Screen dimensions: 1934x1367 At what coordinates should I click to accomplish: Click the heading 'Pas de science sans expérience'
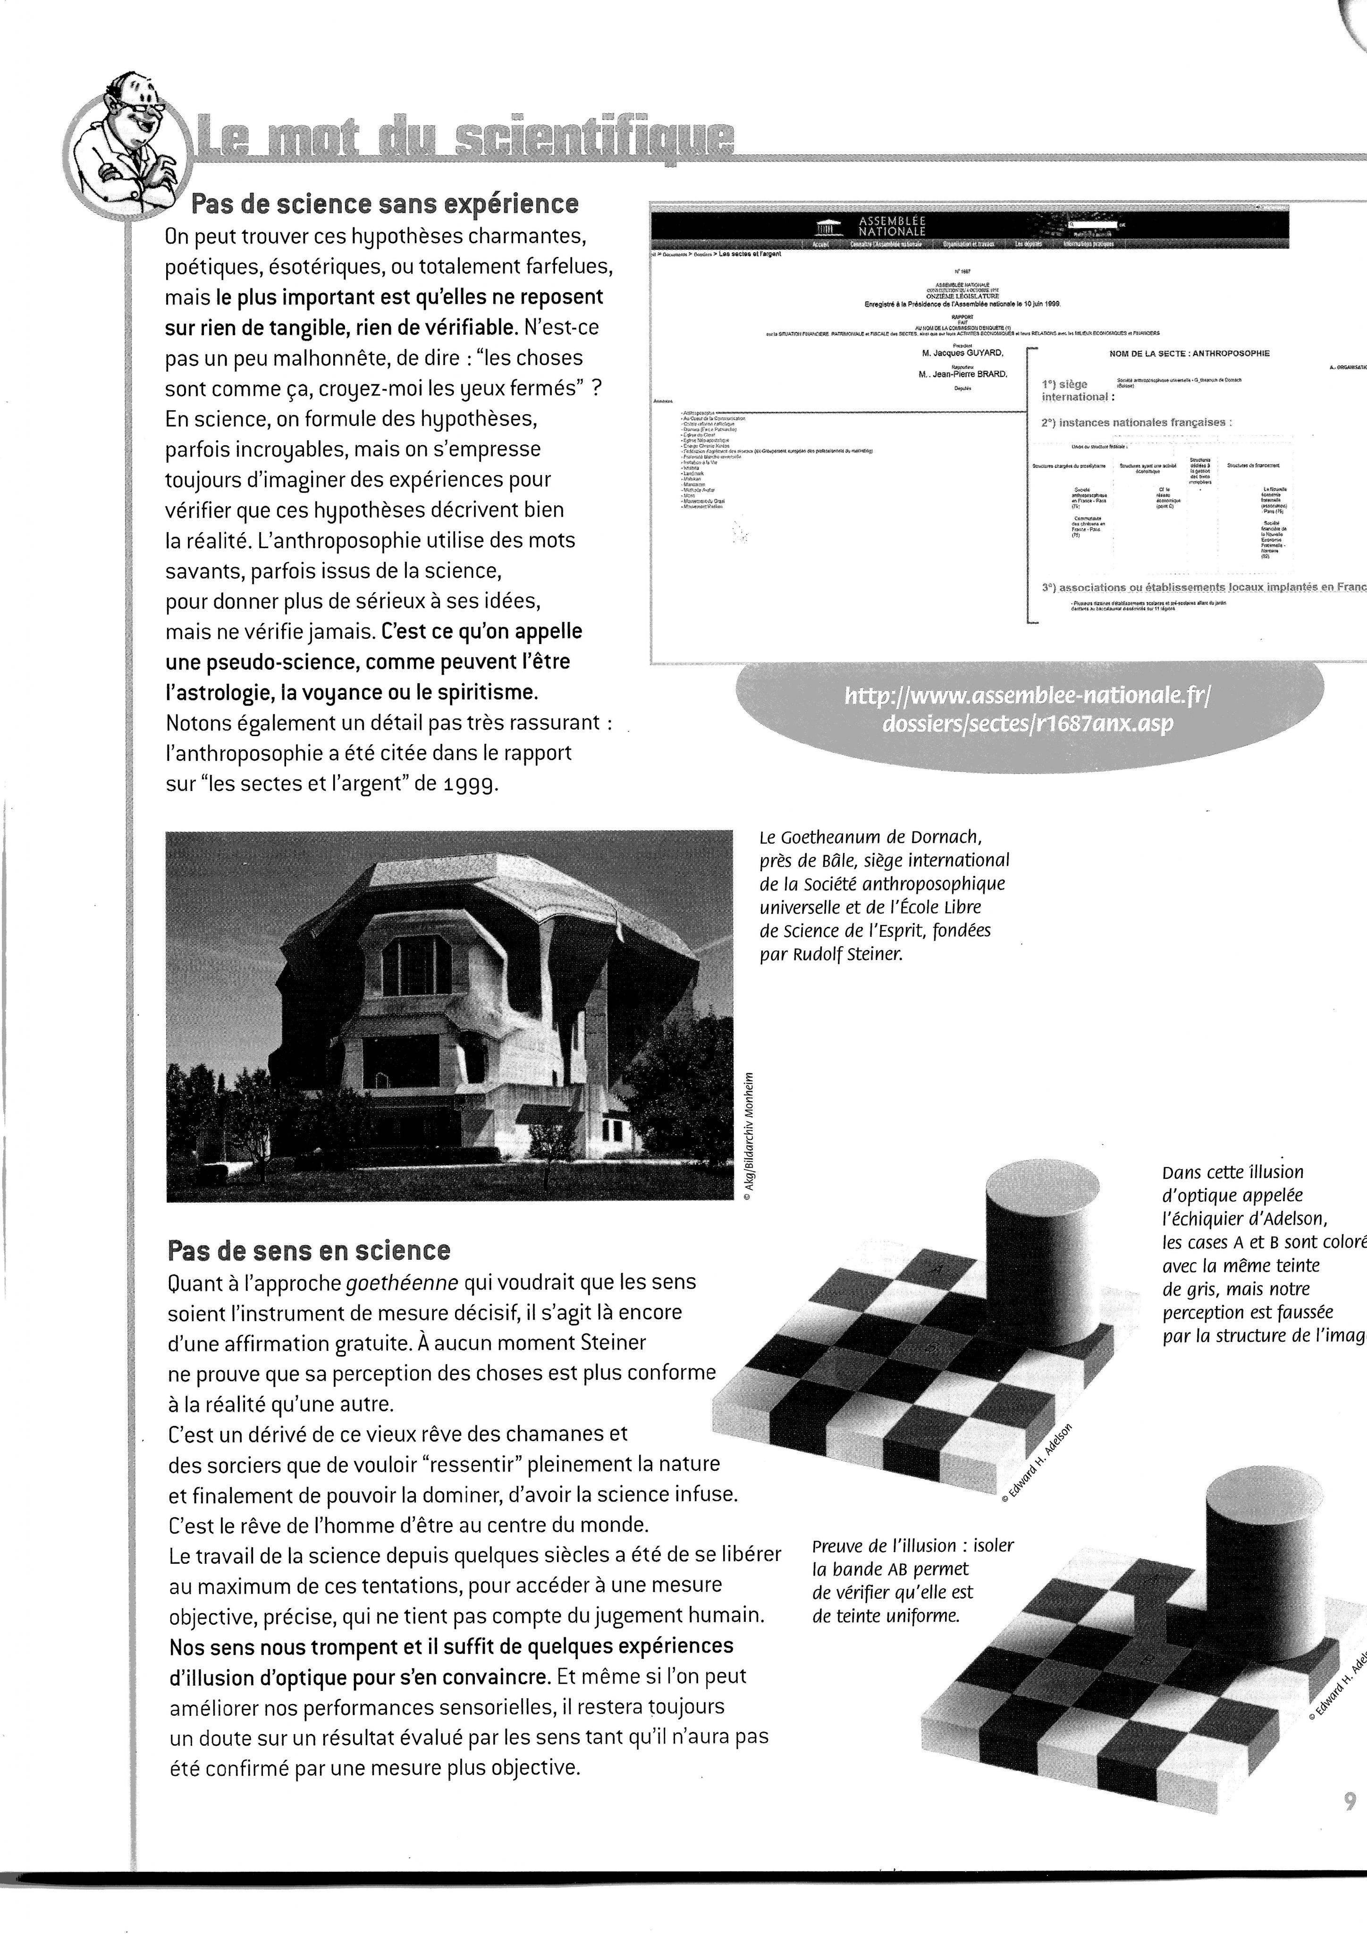pos(385,204)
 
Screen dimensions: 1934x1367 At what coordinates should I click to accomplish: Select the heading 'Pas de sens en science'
pos(309,1250)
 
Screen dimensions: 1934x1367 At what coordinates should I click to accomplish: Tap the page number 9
pos(1350,1824)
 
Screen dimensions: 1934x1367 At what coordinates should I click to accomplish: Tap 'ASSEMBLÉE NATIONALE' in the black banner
pos(891,226)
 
